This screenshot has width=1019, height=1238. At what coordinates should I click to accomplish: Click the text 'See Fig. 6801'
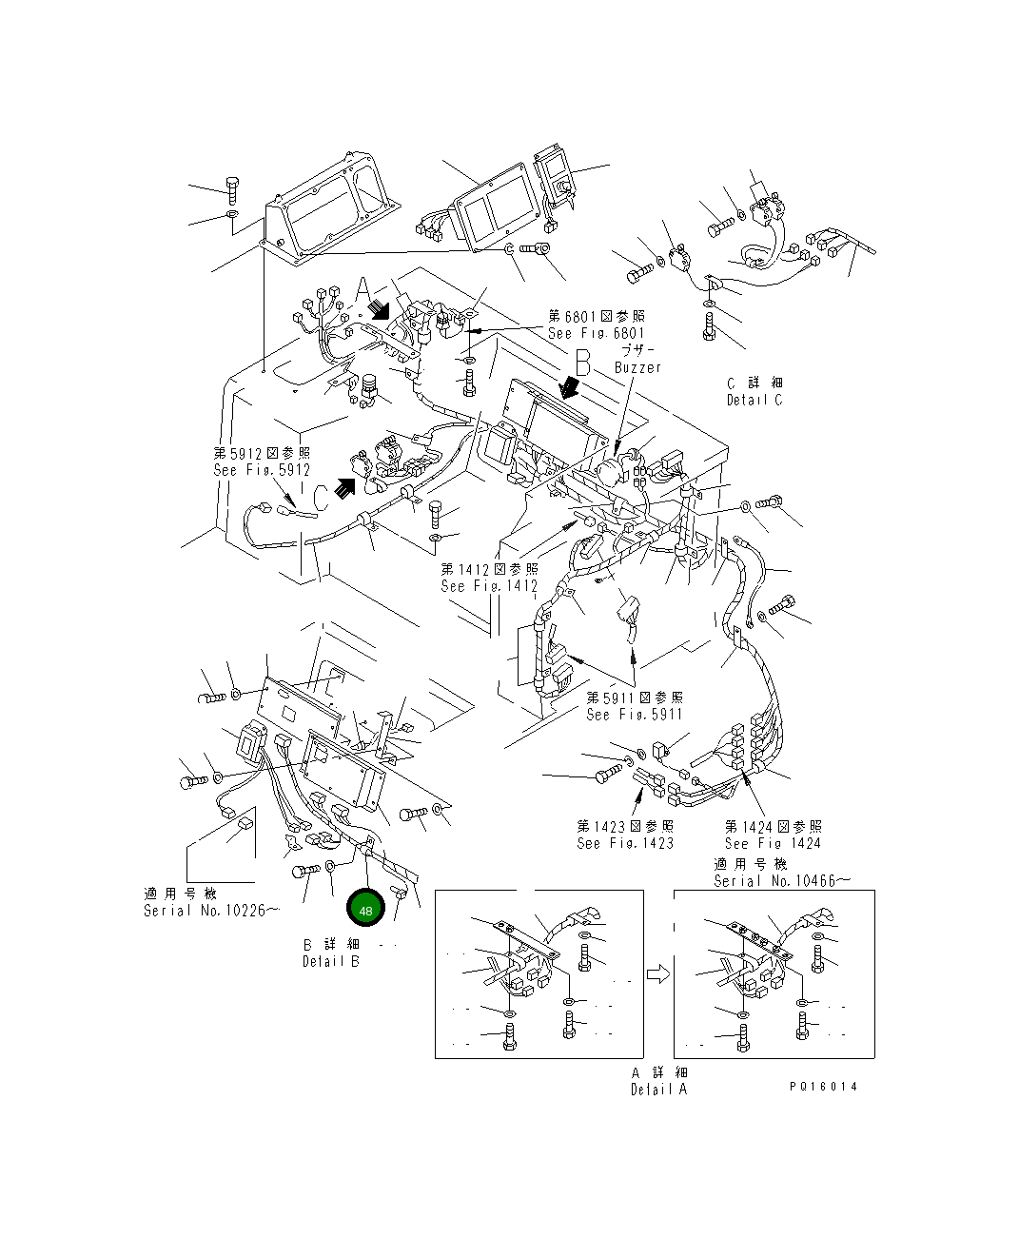pyautogui.click(x=596, y=333)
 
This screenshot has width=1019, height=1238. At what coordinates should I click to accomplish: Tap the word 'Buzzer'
pyautogui.click(x=637, y=367)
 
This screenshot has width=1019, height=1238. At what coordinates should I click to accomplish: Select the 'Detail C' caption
pyautogui.click(x=754, y=401)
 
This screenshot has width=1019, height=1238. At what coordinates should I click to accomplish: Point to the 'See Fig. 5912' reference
pyautogui.click(x=262, y=470)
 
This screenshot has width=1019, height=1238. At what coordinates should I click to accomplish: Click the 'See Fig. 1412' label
pyautogui.click(x=489, y=586)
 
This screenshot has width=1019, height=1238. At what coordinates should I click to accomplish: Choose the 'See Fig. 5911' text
pyautogui.click(x=635, y=714)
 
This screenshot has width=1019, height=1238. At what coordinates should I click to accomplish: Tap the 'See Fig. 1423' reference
pyautogui.click(x=625, y=843)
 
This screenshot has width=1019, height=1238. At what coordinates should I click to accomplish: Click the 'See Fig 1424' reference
pyautogui.click(x=773, y=843)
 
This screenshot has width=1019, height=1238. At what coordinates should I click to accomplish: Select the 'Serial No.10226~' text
pyautogui.click(x=211, y=911)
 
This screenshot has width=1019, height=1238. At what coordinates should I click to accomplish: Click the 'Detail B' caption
pyautogui.click(x=331, y=961)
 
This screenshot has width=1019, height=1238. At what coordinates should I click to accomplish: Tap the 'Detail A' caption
pyautogui.click(x=658, y=1090)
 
